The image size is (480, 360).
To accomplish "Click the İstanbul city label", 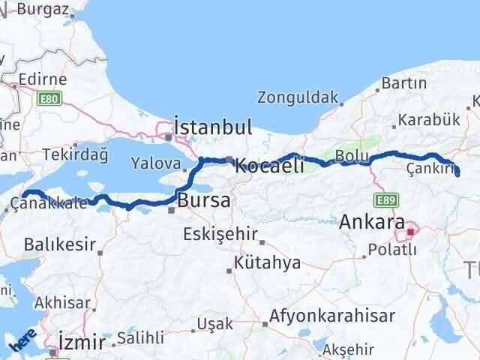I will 212,125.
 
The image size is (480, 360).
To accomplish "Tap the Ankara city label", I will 373,222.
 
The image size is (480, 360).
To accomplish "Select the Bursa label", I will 204,201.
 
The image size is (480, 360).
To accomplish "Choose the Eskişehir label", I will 221,233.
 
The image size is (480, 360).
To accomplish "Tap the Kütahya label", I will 267,263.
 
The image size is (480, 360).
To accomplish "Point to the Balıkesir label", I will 59,244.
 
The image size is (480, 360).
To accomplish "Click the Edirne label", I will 42,79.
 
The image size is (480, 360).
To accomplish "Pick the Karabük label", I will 429,118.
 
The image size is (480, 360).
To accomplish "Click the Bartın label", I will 403,83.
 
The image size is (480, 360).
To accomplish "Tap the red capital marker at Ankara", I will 410,232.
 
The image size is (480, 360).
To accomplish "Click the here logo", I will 21,342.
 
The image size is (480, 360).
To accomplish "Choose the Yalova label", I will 155,163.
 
